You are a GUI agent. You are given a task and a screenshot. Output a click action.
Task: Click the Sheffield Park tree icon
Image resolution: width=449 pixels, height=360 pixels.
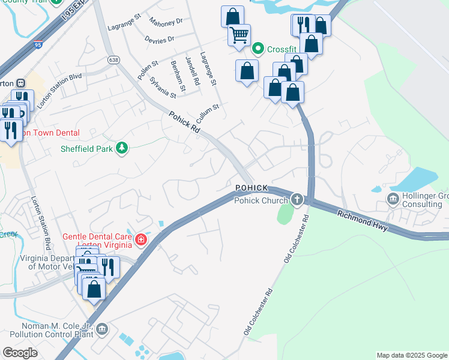[x=122, y=148]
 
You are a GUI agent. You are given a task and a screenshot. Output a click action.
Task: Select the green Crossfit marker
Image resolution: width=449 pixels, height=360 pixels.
[x=259, y=48]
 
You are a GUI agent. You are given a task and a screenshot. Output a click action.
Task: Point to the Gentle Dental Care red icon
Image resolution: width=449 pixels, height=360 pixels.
[x=141, y=241]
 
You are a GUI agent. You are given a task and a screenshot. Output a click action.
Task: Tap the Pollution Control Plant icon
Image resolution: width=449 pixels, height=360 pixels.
[x=101, y=329]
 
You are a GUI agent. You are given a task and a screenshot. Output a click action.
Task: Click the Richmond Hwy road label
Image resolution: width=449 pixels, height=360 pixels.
[x=363, y=221]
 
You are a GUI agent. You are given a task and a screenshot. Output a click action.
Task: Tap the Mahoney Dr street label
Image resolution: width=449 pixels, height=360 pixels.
[x=166, y=22]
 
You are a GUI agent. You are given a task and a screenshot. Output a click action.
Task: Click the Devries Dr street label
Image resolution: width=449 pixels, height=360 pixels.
[x=159, y=39]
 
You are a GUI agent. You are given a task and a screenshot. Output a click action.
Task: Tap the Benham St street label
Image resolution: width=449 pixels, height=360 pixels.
[x=178, y=72]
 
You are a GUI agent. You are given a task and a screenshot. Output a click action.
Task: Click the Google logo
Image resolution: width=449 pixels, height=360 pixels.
[x=20, y=352]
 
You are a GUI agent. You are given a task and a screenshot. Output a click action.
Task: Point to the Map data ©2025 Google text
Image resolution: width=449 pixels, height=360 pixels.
[x=412, y=355]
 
